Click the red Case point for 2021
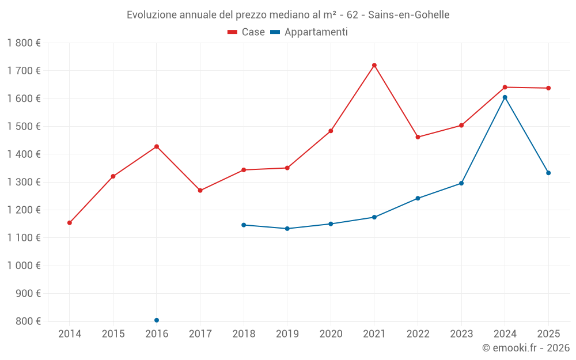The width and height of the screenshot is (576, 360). pos(374,65)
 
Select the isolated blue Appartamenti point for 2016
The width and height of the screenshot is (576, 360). pos(157,320)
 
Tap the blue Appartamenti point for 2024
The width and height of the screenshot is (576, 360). pos(505,97)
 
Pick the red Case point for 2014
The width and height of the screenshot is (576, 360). pos(70,223)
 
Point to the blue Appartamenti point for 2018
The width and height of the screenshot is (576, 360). pos(244,225)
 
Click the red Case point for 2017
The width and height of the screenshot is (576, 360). pos(200,191)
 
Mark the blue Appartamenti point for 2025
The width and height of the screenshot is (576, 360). pos(548,173)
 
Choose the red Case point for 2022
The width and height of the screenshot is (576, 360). pos(418,137)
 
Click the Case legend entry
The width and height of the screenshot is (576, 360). pos(247,32)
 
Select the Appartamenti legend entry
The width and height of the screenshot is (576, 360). pos(309,32)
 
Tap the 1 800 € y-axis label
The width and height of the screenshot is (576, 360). pos(24,43)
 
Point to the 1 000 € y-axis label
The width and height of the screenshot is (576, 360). pos(24,266)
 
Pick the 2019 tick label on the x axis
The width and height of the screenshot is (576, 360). pos(287,334)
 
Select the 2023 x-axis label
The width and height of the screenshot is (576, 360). pos(461,334)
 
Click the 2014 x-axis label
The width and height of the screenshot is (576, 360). pos(70,334)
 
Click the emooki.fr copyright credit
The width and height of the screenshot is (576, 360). pos(526,348)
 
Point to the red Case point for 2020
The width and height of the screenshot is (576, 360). pos(331,131)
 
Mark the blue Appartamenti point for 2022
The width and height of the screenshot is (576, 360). pos(418,198)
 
